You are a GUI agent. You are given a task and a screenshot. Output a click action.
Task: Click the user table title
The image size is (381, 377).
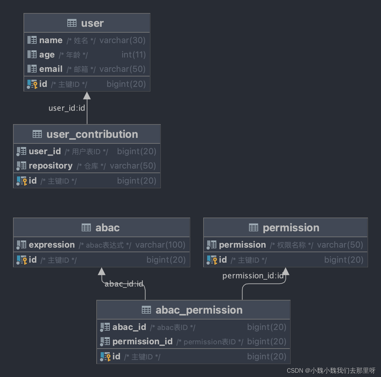(x=92, y=23)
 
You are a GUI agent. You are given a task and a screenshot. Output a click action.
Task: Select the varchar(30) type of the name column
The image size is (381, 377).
(x=122, y=40)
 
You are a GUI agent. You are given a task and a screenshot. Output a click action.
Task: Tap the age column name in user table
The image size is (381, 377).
(x=47, y=55)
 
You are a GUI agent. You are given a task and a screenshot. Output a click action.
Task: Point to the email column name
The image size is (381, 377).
(x=51, y=69)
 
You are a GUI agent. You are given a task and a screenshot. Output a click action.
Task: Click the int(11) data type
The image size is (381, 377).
(x=133, y=55)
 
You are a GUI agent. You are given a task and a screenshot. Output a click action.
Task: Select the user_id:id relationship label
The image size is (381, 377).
(x=67, y=108)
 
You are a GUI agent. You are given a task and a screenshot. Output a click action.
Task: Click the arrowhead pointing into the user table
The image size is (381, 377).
(x=87, y=96)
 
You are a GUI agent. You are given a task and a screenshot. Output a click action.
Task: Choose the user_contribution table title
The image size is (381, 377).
(x=92, y=134)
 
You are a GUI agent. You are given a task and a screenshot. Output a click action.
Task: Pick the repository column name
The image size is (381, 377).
(x=51, y=166)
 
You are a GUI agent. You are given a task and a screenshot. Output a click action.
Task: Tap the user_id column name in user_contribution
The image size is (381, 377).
(x=45, y=151)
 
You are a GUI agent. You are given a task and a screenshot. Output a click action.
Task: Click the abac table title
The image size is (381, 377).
(x=107, y=228)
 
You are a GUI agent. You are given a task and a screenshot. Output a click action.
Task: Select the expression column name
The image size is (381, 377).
(x=52, y=245)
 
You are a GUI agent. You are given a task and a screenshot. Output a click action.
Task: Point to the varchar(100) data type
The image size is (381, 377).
(x=160, y=245)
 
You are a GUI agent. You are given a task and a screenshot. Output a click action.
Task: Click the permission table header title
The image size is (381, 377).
(x=291, y=228)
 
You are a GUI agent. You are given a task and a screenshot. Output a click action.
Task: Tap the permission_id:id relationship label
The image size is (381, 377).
(x=253, y=276)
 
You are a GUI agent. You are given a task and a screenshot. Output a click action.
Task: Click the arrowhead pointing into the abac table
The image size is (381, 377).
(x=102, y=271)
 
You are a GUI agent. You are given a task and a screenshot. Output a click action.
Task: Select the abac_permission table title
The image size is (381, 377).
(x=199, y=310)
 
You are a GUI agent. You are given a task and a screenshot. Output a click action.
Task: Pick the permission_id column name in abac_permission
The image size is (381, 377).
(x=142, y=341)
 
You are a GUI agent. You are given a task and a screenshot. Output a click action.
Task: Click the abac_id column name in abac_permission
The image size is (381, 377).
(x=129, y=327)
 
